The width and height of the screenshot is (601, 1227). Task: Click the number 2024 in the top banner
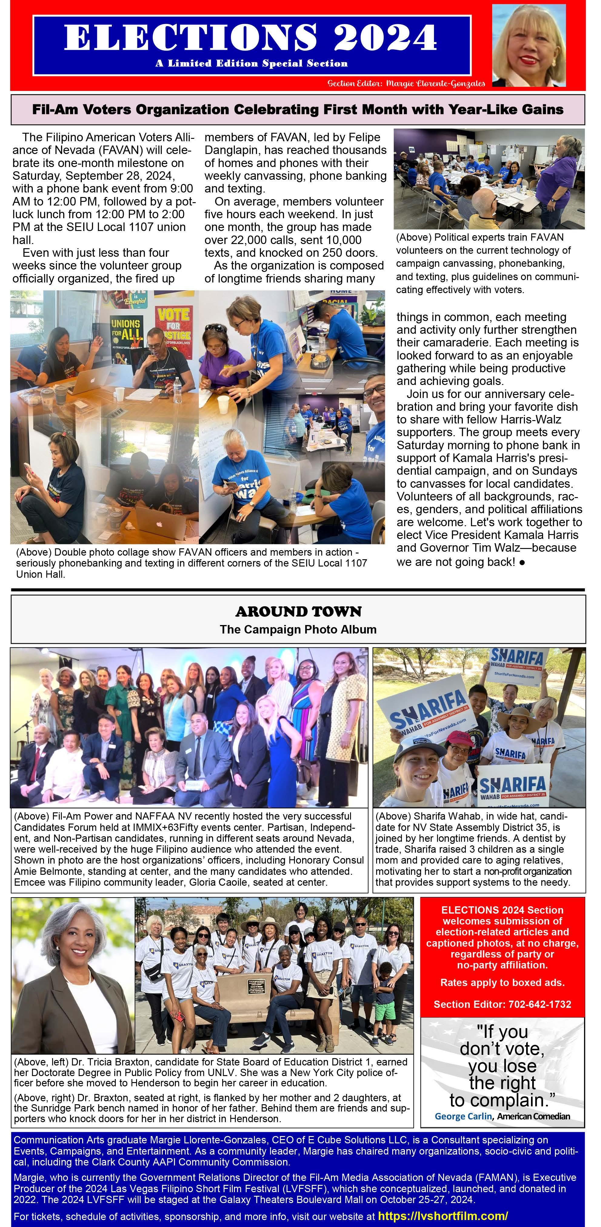[385, 37]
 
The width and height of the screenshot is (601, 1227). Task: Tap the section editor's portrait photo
[529, 46]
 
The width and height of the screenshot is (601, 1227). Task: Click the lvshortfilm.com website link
[443, 1215]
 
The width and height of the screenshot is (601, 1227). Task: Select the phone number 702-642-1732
[539, 1004]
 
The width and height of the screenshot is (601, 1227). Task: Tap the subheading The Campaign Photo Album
[298, 629]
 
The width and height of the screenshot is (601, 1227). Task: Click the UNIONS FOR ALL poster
[126, 329]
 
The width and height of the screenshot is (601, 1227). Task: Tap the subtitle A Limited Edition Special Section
[252, 63]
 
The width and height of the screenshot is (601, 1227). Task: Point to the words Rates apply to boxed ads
[502, 982]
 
